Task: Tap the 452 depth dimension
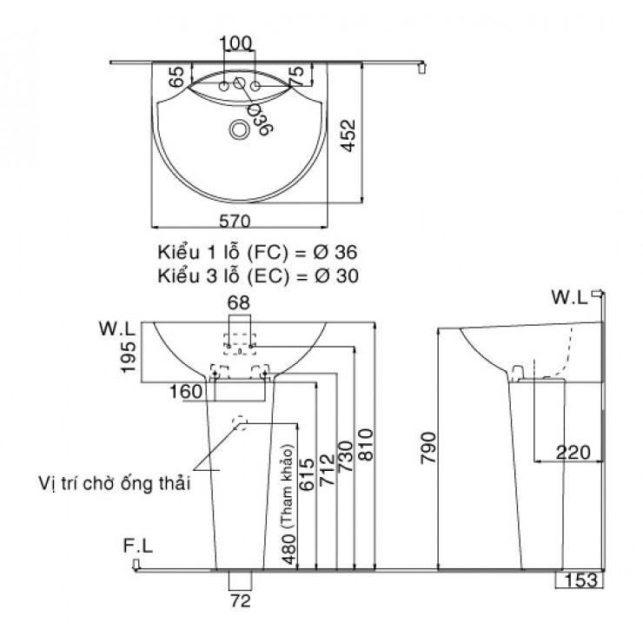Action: coord(348,135)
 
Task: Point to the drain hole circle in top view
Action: coord(237,129)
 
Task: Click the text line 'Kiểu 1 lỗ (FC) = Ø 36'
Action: coord(257,252)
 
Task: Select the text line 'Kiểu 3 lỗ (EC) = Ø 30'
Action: coord(257,275)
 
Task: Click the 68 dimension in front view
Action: coord(238,303)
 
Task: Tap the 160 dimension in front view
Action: coord(186,392)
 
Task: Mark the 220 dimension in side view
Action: coord(573,452)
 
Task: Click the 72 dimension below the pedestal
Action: coord(239,600)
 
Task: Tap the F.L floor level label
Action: coord(139,547)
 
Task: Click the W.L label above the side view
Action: coord(569,298)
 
